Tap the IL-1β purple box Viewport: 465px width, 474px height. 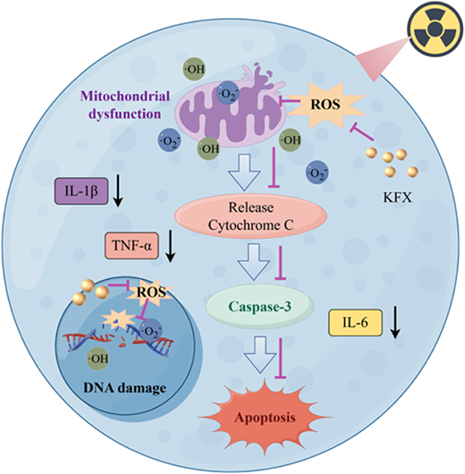click(81, 191)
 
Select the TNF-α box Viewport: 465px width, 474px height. click(131, 245)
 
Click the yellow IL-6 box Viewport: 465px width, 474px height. click(355, 323)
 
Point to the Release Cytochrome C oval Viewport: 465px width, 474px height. click(251, 216)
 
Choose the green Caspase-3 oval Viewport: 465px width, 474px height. click(259, 306)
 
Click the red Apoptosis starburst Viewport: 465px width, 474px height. click(265, 418)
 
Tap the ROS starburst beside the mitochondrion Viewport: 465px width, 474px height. click(325, 105)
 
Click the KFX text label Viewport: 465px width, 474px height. click(398, 198)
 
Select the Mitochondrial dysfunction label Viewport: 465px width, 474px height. click(125, 106)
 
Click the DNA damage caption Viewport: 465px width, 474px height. click(125, 387)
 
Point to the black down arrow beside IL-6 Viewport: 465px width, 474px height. click(395, 322)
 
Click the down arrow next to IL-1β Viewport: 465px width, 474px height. click(119, 191)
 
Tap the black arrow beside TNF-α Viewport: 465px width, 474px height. click(171, 246)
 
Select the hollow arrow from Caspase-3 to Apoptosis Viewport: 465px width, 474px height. click(259, 354)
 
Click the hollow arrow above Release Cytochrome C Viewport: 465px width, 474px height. click(244, 173)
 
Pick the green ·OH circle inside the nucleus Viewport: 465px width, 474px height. click(98, 359)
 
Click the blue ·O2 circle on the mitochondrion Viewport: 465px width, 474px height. click(228, 93)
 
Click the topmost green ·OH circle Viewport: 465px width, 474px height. click(194, 69)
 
